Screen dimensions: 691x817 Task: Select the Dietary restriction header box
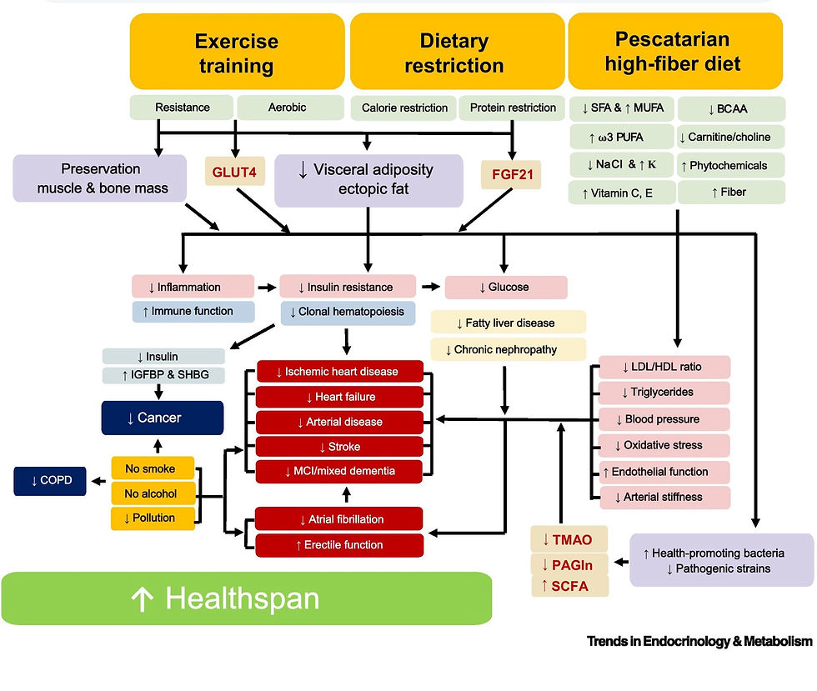(x=454, y=52)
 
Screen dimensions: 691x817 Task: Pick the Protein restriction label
(x=512, y=108)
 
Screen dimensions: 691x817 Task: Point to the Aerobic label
(x=287, y=108)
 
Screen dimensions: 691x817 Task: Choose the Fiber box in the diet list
(x=731, y=192)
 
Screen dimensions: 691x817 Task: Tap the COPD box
(x=50, y=481)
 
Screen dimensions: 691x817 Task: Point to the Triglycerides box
(x=664, y=392)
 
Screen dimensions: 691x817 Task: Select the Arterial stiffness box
(x=664, y=498)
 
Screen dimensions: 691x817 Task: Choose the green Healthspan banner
(x=248, y=598)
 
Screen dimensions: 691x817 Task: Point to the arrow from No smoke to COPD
(x=98, y=481)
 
